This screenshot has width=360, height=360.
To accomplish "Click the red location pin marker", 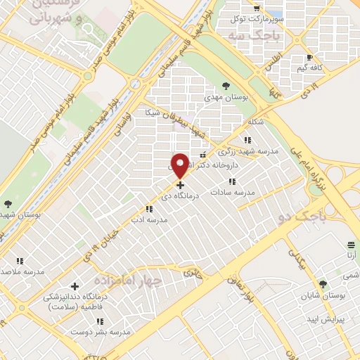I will (x=179, y=166).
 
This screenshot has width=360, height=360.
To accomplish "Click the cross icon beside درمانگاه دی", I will (x=179, y=186).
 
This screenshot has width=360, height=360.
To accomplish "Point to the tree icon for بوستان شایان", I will (x=323, y=284).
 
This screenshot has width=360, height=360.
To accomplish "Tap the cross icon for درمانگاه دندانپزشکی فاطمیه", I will (x=74, y=286).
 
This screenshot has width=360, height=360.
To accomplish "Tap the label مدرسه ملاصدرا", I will (x=21, y=271).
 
